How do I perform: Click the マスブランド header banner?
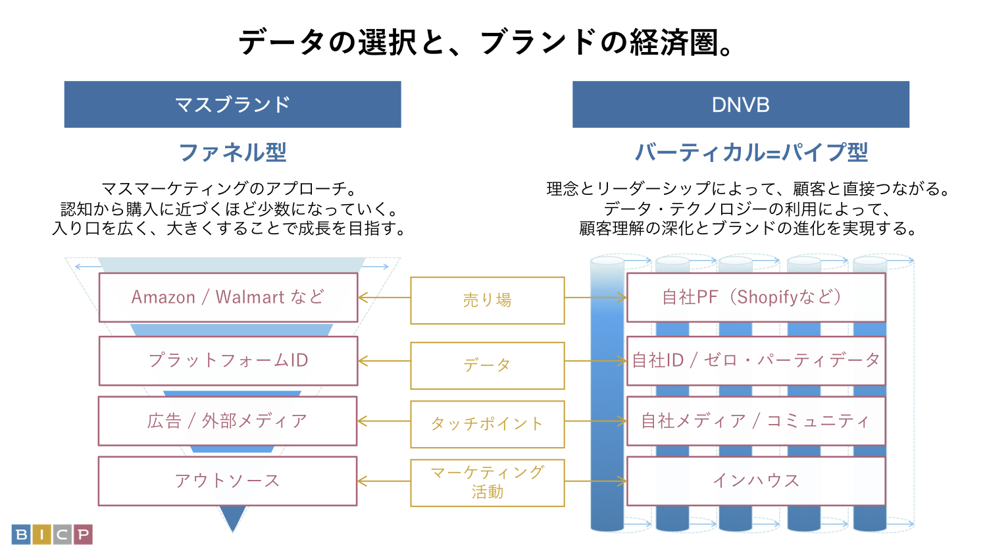tap(232, 105)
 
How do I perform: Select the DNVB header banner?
tap(740, 105)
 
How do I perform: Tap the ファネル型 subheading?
tap(232, 153)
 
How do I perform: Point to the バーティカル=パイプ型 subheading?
tap(751, 153)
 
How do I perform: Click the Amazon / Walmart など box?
tap(228, 298)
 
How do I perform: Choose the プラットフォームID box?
tap(228, 361)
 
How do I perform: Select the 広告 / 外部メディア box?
tap(227, 421)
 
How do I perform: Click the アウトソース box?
tap(227, 481)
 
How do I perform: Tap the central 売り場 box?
tap(487, 300)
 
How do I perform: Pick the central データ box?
tap(487, 365)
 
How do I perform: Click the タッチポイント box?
tap(487, 424)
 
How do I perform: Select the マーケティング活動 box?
tap(487, 483)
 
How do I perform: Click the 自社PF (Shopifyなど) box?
tap(755, 298)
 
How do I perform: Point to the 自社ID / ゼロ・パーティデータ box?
tap(755, 361)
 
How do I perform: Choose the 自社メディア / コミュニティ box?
tap(755, 421)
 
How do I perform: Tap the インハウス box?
tap(755, 481)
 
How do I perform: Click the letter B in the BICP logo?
tap(21, 535)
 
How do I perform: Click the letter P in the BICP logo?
tap(83, 535)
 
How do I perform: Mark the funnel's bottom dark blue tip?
tap(232, 517)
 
